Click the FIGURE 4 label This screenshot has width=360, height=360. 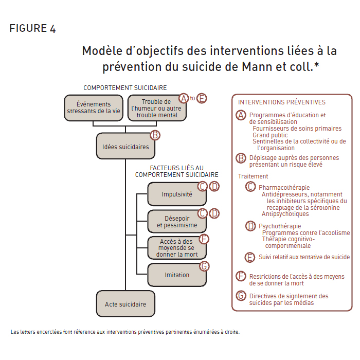(32, 28)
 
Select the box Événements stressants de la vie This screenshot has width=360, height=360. (94, 108)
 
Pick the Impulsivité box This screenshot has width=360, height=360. (177, 194)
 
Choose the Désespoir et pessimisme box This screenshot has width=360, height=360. (177, 222)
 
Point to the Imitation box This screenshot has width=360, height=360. (177, 275)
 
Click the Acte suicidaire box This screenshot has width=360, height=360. (125, 304)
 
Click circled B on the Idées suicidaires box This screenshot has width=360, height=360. (155, 135)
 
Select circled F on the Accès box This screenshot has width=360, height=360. (204, 239)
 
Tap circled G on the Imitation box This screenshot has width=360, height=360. (204, 266)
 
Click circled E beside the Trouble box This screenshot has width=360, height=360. (202, 98)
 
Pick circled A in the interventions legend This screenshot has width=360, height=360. (241, 115)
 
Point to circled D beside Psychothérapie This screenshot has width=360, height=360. (250, 226)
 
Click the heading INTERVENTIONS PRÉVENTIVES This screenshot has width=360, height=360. (282, 102)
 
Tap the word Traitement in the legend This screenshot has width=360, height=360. (253, 176)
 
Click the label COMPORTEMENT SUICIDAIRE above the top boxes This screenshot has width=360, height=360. (125, 88)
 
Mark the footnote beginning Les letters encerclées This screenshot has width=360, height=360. (125, 332)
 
